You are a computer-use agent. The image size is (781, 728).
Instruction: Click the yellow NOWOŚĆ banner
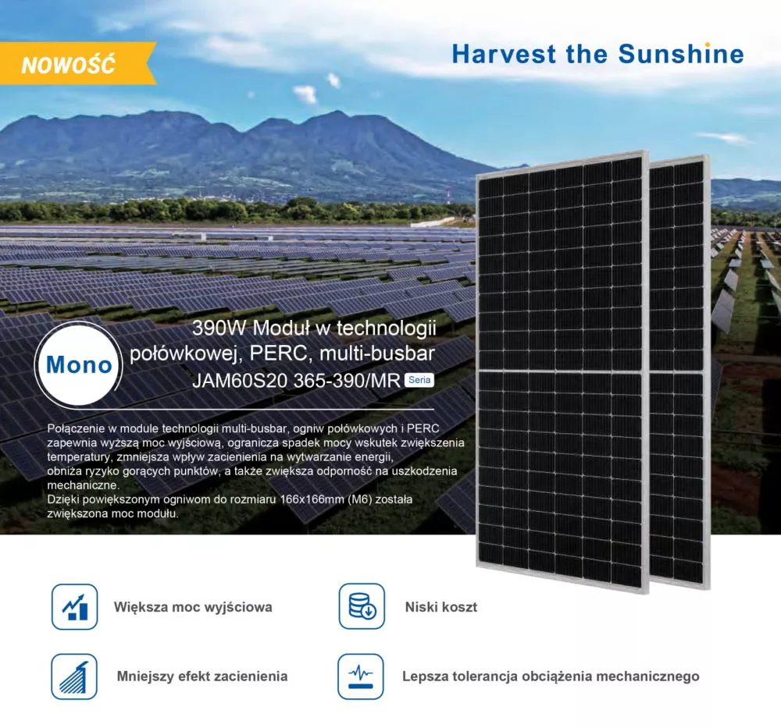[70, 64]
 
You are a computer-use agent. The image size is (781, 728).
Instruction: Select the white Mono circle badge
[78, 364]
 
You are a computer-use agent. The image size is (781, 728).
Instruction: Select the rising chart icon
[75, 606]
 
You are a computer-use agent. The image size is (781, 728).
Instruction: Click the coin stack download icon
[362, 606]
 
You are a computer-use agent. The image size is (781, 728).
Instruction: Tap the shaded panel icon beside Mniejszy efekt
[74, 677]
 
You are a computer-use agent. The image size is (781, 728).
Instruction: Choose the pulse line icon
[361, 677]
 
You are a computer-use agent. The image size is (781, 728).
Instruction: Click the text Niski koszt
[440, 607]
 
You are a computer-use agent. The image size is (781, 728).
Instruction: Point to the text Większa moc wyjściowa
[193, 607]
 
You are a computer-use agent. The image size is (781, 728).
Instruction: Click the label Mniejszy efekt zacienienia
[201, 677]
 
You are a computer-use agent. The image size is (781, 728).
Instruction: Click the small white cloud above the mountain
[305, 94]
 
